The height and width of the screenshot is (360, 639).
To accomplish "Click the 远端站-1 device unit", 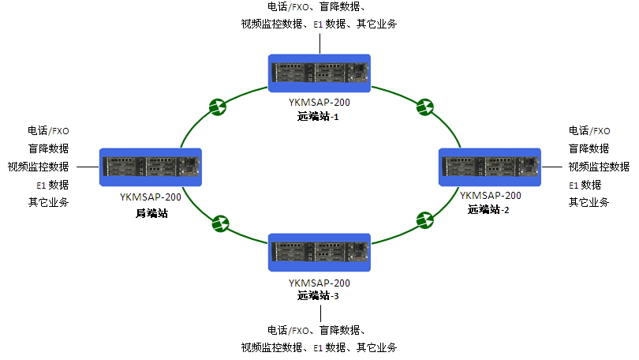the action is [319, 73].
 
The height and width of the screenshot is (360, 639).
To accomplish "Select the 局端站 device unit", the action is [151, 167].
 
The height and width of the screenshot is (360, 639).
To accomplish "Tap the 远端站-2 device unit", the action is [489, 167].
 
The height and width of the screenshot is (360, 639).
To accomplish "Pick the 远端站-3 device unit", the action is [319, 253].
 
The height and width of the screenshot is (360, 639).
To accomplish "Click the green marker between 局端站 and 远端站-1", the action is [218, 107].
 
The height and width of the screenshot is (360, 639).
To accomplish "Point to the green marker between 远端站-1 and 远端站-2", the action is [425, 107].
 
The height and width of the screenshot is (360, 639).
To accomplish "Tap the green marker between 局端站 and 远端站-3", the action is [220, 224].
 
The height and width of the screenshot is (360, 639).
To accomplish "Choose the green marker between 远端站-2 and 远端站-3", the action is [425, 220].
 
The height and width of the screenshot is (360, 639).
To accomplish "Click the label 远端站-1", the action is [318, 117].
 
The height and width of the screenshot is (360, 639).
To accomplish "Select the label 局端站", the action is [151, 213].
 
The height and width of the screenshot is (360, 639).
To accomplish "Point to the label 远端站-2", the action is [488, 209].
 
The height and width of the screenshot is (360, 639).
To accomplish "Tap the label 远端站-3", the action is [318, 295].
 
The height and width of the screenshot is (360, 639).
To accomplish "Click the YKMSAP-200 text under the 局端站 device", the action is [151, 197].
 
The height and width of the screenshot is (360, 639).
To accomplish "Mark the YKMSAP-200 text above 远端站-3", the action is [319, 283].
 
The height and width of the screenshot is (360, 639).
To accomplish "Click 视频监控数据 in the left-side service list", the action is [39, 167].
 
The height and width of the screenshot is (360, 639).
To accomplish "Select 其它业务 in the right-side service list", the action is [589, 202].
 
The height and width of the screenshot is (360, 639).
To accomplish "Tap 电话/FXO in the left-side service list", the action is [48, 131].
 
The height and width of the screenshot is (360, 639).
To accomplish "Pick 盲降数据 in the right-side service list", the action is [589, 148].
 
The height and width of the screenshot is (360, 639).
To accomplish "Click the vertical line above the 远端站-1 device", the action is [320, 43].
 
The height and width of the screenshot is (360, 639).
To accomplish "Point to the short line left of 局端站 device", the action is [88, 167].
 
